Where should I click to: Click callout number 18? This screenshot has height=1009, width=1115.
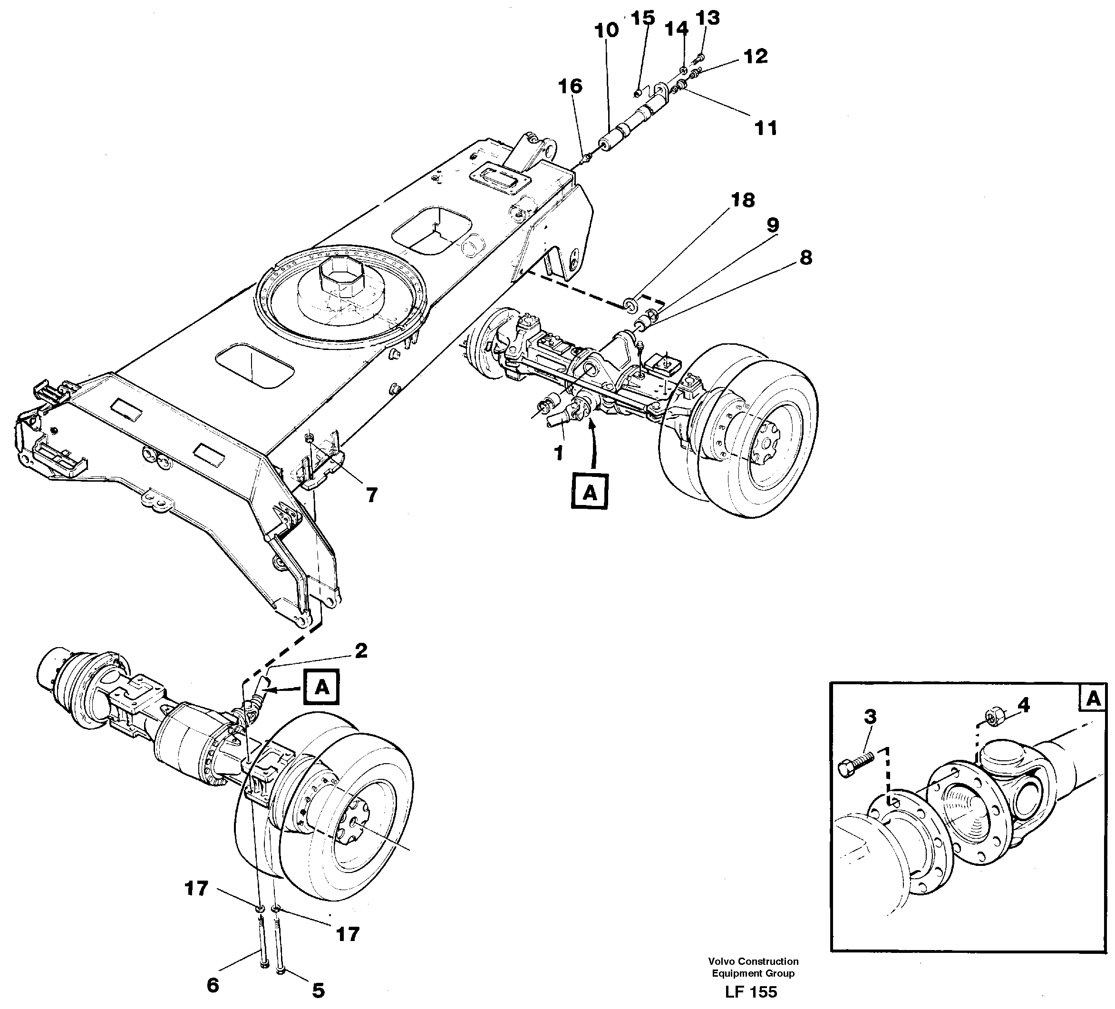[743, 200]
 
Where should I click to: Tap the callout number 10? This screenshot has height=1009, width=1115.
[607, 30]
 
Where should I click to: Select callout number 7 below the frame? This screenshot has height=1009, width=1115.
[372, 495]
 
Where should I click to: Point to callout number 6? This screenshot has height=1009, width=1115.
[213, 985]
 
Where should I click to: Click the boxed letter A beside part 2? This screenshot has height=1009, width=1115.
[322, 688]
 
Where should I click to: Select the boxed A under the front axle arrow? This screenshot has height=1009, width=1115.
[590, 491]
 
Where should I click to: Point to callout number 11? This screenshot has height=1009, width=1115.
[766, 128]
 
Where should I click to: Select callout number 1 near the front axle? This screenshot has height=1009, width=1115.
[559, 453]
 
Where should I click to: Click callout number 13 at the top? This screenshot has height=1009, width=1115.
[708, 18]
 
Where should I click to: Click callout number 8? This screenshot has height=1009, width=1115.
[806, 258]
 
